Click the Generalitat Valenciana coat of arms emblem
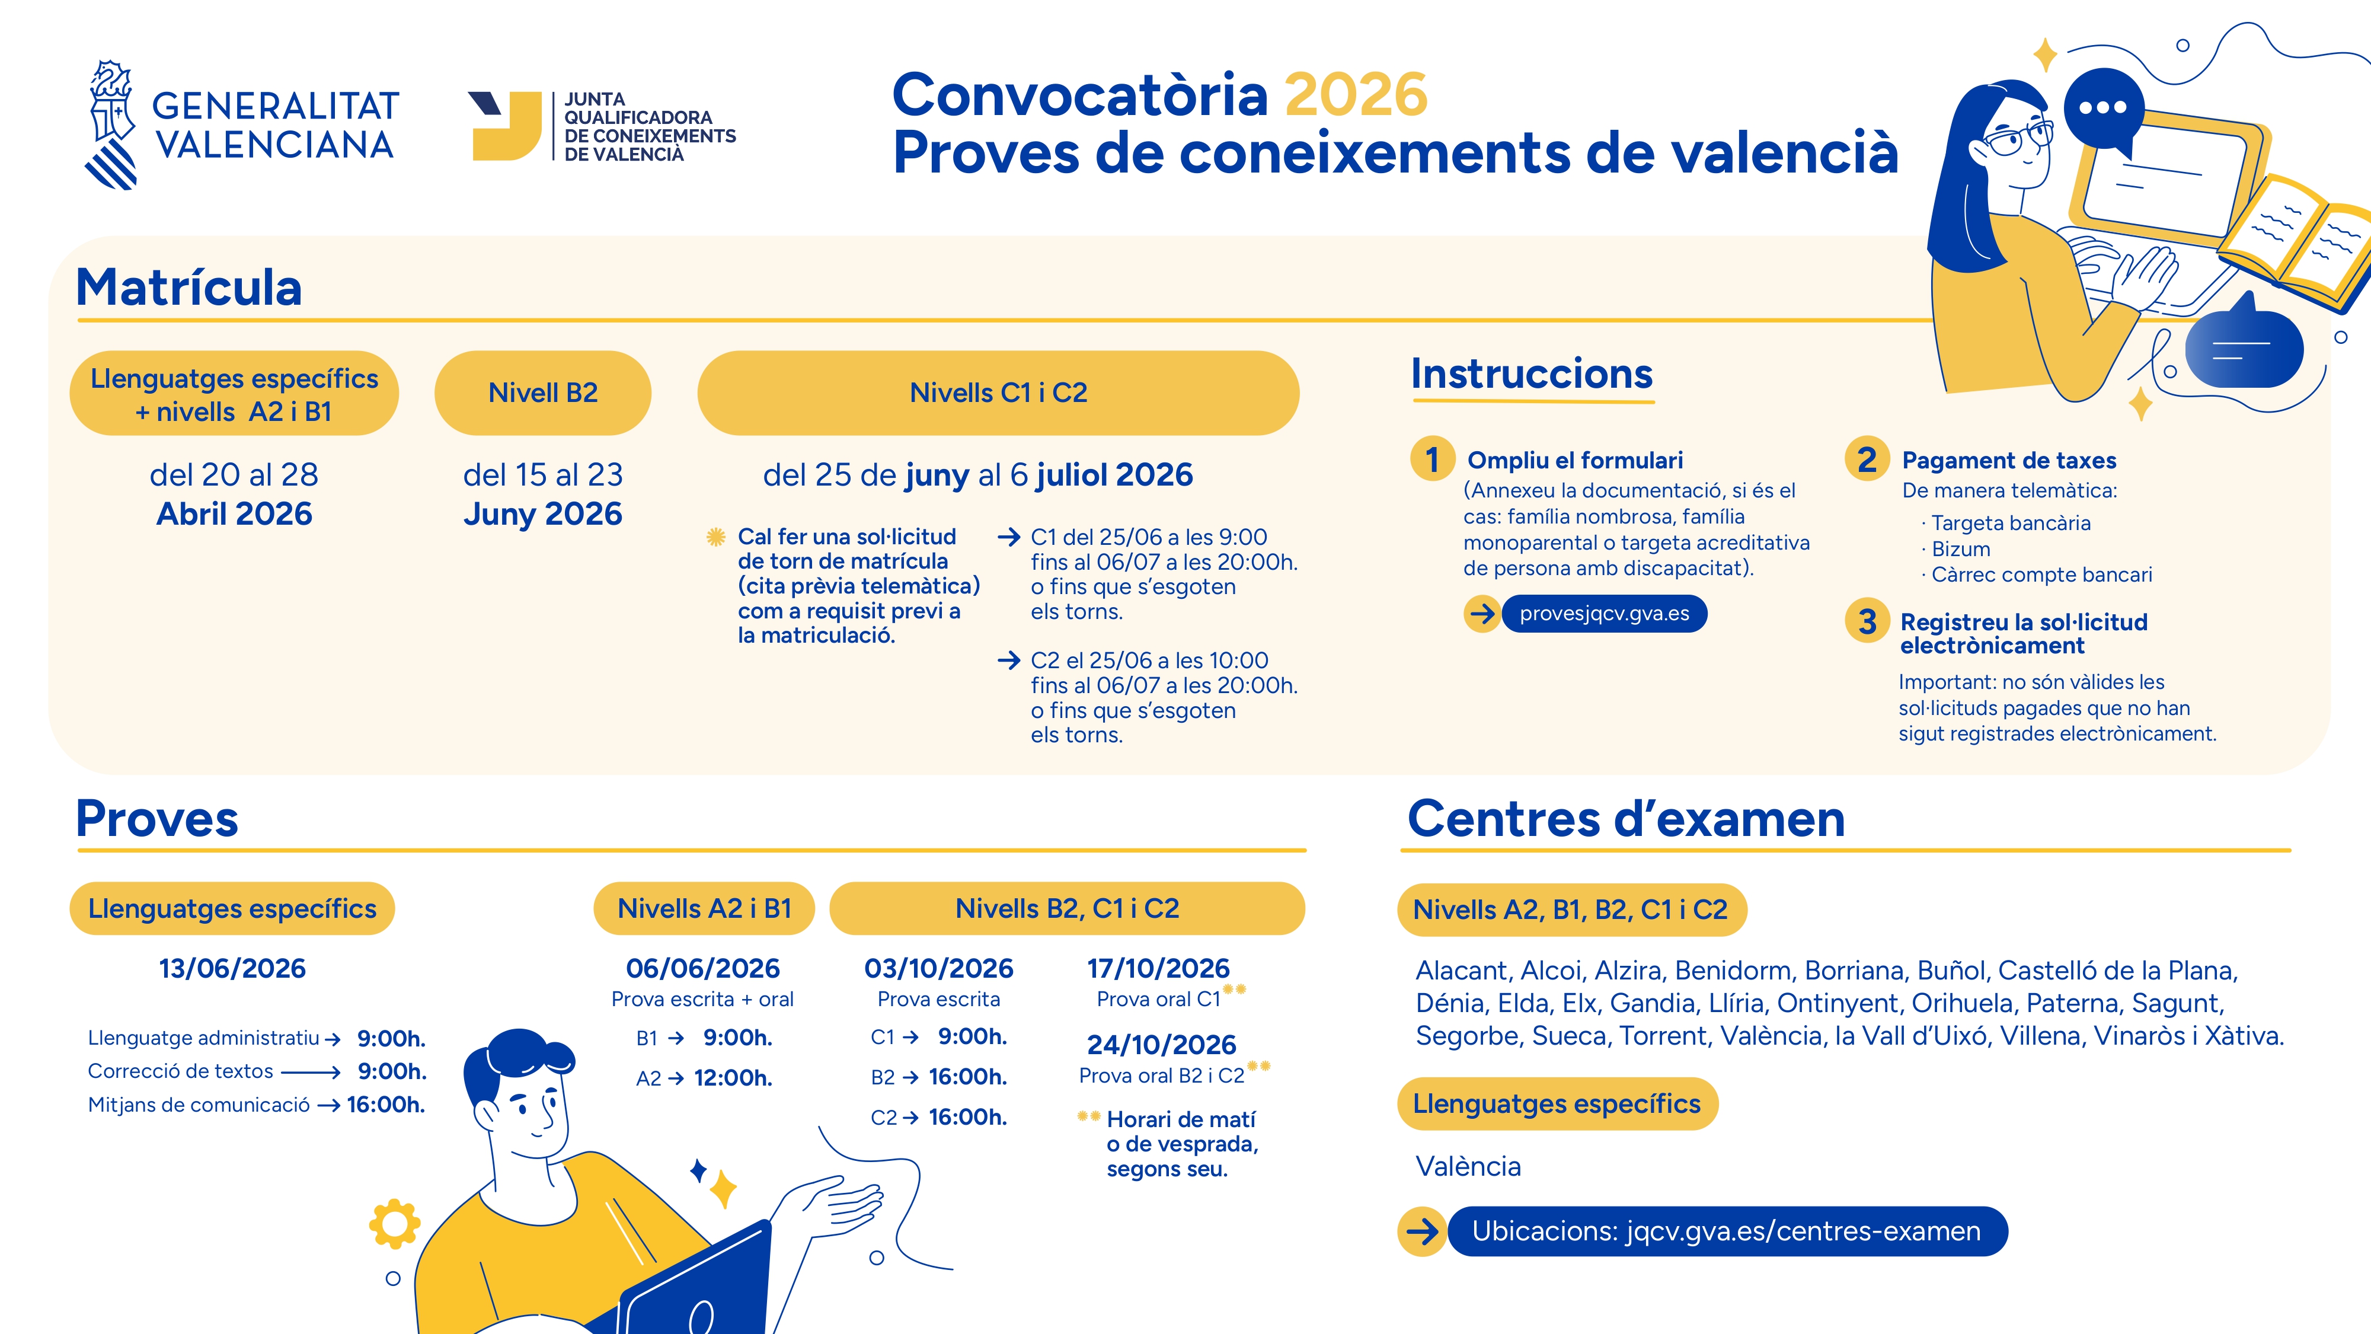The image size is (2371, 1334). [112, 125]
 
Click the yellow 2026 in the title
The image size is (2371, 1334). [1356, 95]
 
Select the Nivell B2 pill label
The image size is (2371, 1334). [543, 393]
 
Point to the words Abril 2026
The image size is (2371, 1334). [235, 513]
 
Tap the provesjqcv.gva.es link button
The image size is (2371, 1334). [1605, 614]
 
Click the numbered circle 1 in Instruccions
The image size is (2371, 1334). [1432, 459]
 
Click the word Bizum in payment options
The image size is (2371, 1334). [1960, 550]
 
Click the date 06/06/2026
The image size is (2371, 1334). [702, 969]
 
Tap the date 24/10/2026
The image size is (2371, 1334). [1162, 1045]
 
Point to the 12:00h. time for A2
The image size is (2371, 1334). [733, 1078]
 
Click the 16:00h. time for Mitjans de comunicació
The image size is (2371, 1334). [386, 1105]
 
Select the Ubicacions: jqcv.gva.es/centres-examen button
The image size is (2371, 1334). [1727, 1232]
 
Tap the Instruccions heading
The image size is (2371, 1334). [1532, 374]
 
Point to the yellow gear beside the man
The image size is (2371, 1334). [395, 1224]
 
